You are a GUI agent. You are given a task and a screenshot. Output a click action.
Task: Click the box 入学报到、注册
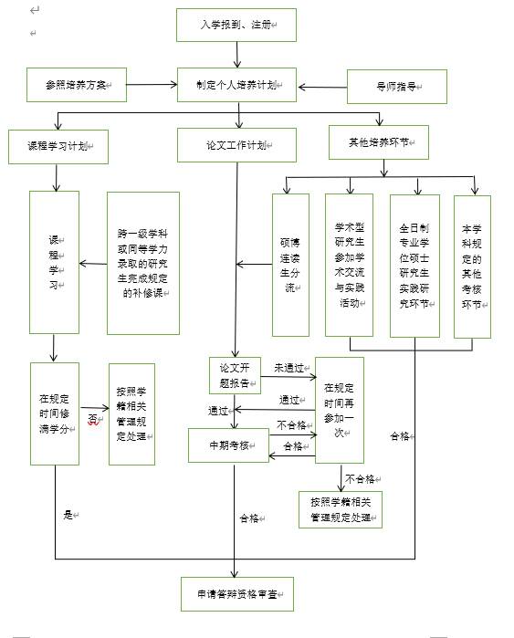236,25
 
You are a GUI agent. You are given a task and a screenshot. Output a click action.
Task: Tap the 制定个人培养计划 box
236,84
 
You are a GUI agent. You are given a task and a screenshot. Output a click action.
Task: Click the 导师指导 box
396,86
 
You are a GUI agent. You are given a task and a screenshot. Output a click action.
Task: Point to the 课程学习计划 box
58,145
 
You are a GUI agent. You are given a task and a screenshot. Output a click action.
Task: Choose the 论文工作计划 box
236,144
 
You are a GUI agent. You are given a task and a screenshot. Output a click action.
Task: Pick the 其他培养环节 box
377,142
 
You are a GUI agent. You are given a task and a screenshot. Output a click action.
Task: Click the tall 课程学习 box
54,262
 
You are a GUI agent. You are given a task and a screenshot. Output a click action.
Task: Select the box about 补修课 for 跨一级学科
142,262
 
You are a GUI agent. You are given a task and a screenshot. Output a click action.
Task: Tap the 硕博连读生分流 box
290,265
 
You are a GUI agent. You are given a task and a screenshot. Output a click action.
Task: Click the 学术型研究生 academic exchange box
349,265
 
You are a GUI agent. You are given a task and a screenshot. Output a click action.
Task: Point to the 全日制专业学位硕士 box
414,265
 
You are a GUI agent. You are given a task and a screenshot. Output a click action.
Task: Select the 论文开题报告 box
235,374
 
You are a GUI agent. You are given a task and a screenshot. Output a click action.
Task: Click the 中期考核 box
228,445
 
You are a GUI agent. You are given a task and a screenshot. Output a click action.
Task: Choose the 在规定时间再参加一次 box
339,410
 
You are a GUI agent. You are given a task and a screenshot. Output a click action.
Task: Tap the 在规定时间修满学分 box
54,413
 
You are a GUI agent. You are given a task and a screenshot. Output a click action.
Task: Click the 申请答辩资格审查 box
236,592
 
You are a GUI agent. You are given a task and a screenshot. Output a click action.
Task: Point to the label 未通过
288,368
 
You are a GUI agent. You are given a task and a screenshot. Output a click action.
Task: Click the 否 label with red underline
91,419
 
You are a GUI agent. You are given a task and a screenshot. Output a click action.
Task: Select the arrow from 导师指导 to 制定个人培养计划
322,87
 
